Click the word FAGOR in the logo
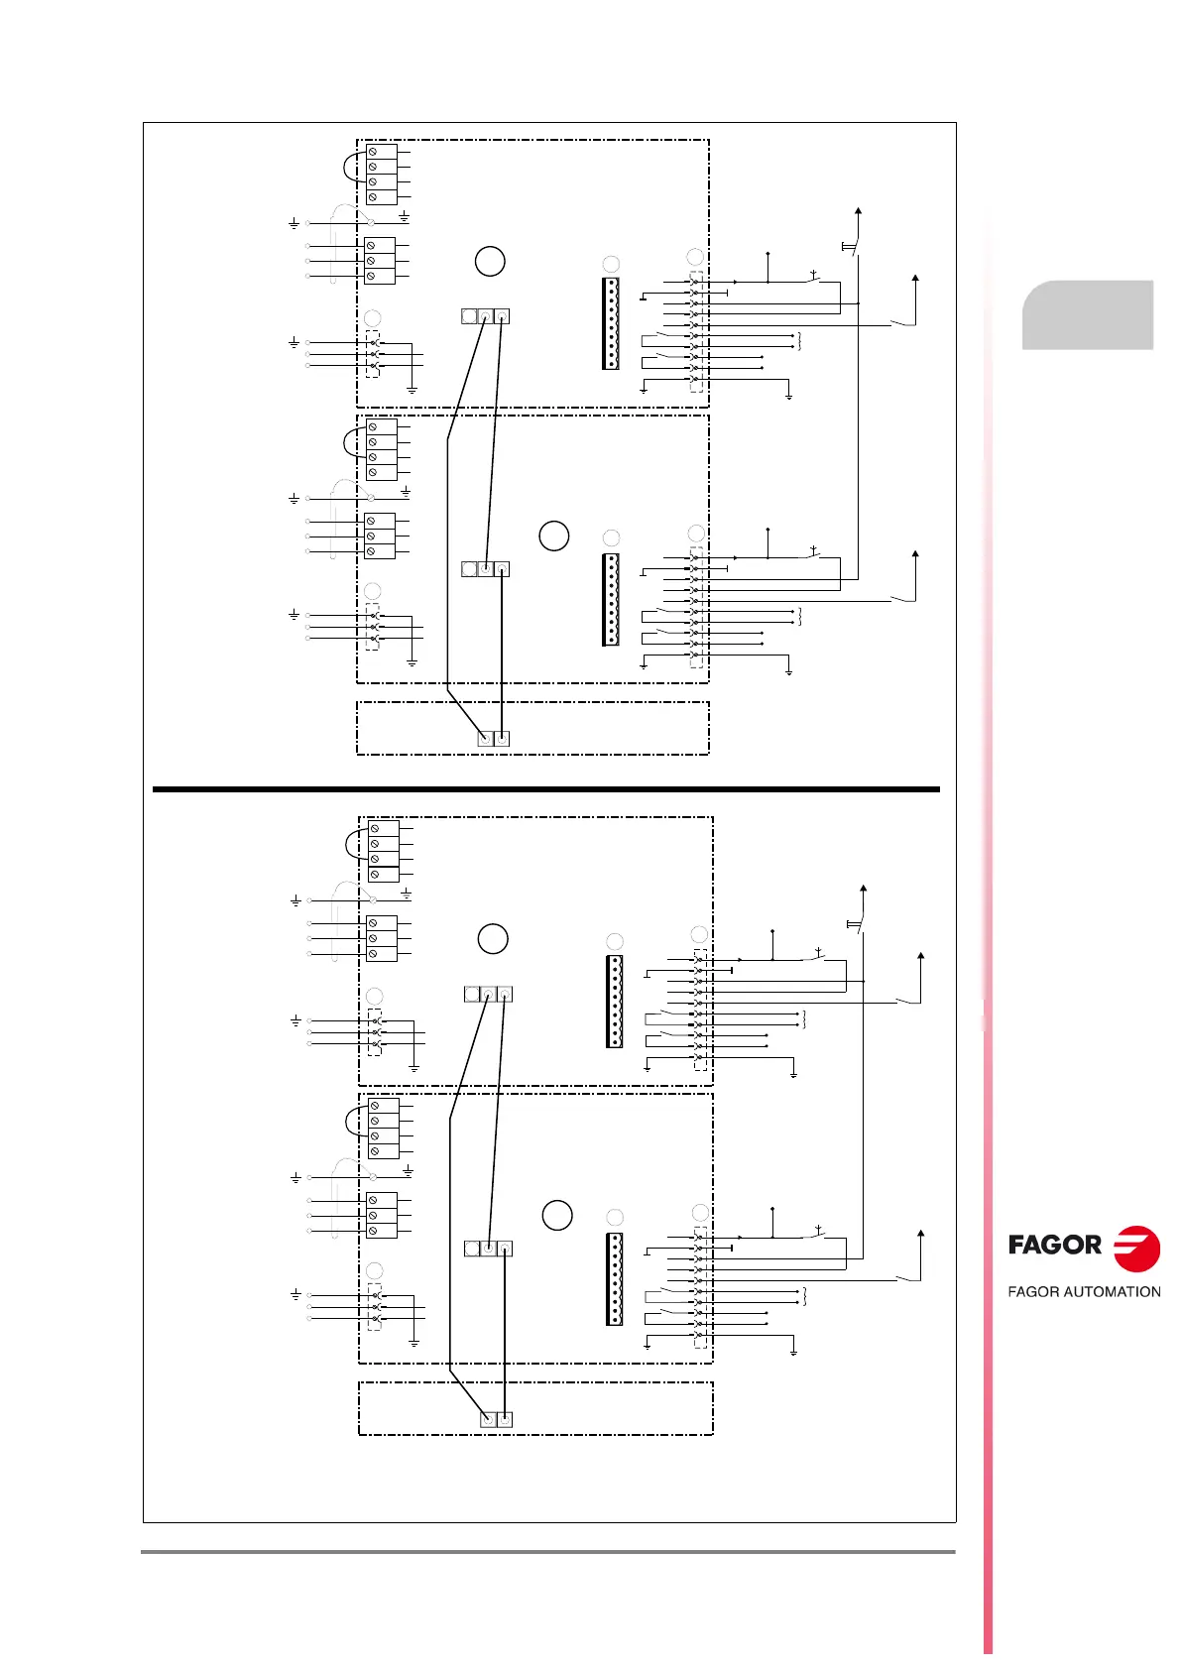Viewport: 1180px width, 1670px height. click(x=1054, y=1245)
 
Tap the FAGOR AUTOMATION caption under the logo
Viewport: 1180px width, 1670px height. click(x=1084, y=1291)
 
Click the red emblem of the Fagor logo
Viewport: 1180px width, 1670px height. click(x=1136, y=1248)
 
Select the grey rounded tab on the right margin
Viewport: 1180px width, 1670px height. click(x=1088, y=315)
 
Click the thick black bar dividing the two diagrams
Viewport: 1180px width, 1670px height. click(x=545, y=789)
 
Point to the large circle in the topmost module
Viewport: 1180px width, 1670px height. click(x=490, y=261)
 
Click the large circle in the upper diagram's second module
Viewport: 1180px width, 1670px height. click(x=554, y=536)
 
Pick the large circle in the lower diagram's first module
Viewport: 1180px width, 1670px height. click(x=493, y=938)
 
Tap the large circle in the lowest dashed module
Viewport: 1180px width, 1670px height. click(x=557, y=1215)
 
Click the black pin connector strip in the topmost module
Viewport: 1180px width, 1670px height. click(x=611, y=323)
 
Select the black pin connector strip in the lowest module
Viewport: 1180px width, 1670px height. click(x=615, y=1279)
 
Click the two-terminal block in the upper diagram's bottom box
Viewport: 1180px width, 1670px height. click(x=494, y=738)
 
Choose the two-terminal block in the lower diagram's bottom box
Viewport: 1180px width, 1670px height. click(x=497, y=1419)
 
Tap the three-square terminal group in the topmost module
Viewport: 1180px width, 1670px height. click(x=486, y=316)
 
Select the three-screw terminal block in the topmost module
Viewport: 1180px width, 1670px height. click(x=380, y=261)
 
